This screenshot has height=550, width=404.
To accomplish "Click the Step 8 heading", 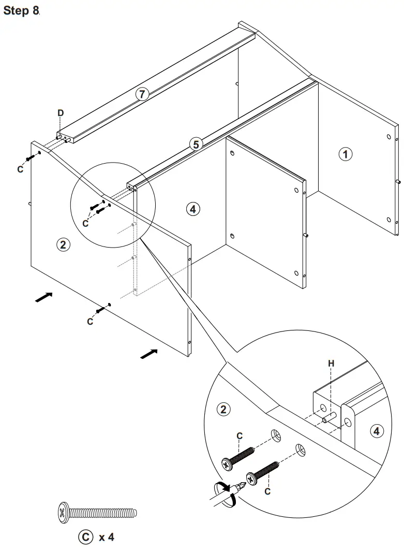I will coord(21,11).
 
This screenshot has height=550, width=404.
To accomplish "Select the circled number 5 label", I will coord(195,144).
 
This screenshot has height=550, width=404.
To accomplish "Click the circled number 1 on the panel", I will coord(346,153).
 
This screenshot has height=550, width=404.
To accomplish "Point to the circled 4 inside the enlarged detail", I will coord(377,430).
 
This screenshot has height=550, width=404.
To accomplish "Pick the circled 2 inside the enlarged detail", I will coord(223,410).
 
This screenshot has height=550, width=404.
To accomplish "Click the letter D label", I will coord(61,113).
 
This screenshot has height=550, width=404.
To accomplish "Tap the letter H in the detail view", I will coord(331,364).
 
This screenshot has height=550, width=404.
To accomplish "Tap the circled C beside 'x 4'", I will coord(84,537).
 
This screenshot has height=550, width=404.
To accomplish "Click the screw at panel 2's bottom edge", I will coord(101,310).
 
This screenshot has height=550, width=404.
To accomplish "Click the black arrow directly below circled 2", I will coord(43,297).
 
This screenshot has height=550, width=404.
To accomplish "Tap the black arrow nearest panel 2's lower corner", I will coord(149,353).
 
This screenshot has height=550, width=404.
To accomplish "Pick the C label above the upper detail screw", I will coord(240,437).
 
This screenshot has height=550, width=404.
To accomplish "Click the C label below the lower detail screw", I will coord(267,491).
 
